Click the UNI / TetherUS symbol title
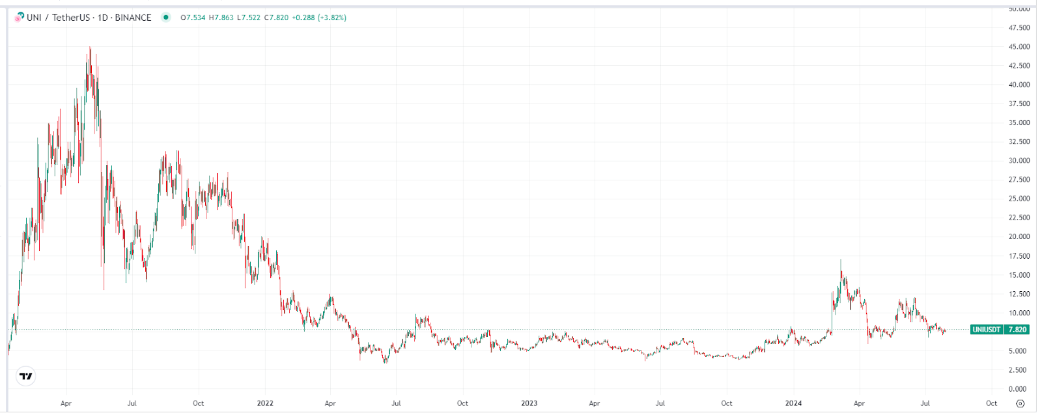tap(58, 18)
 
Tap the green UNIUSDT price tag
tap(1000, 330)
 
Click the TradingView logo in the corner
tap(25, 376)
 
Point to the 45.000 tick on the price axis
tap(1019, 47)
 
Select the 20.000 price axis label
tap(1019, 237)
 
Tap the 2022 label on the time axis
tap(265, 403)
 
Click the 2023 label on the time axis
tap(529, 403)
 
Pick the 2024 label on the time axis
tap(793, 403)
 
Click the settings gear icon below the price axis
tap(1021, 403)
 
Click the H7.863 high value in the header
tap(221, 18)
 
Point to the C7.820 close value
tap(276, 18)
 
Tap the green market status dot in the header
tap(166, 18)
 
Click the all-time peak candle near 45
tap(90, 48)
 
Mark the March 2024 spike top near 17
tap(840, 261)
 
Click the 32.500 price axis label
tap(1019, 141)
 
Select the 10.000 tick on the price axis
tap(1019, 313)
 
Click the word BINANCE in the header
tap(133, 18)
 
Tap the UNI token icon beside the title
tap(19, 18)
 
